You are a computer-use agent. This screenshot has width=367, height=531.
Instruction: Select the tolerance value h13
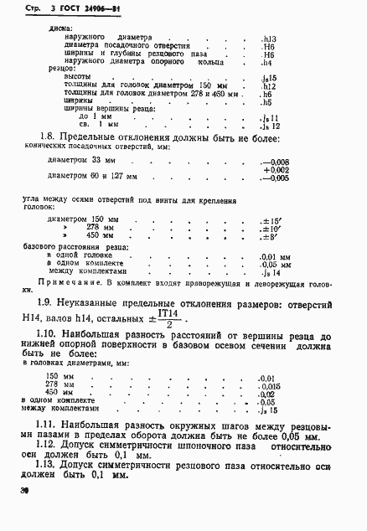[x=268, y=39]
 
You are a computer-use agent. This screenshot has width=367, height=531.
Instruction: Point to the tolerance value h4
[x=267, y=63]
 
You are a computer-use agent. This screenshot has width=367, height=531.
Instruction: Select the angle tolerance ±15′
[x=272, y=220]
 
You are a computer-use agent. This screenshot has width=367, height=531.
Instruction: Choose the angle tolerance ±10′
[x=272, y=229]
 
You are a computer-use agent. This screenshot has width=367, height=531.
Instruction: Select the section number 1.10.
[x=53, y=334]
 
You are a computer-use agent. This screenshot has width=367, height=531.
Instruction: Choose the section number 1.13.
[x=52, y=465]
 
